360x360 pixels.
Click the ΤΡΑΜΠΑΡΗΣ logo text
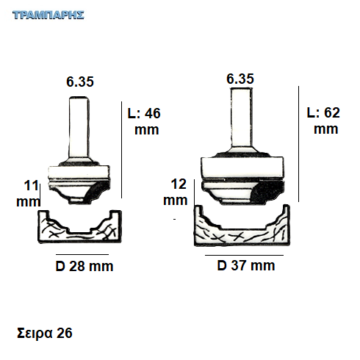point(48,15)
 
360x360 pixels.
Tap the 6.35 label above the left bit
point(80,82)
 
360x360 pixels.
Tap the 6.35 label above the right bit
point(240,79)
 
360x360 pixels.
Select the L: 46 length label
point(144,113)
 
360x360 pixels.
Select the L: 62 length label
point(323,112)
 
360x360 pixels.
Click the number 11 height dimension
point(31,185)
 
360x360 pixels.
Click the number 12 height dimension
point(179,184)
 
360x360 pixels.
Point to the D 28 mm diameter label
point(84,266)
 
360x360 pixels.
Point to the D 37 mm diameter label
point(246,265)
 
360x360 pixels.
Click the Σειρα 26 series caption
point(45,333)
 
